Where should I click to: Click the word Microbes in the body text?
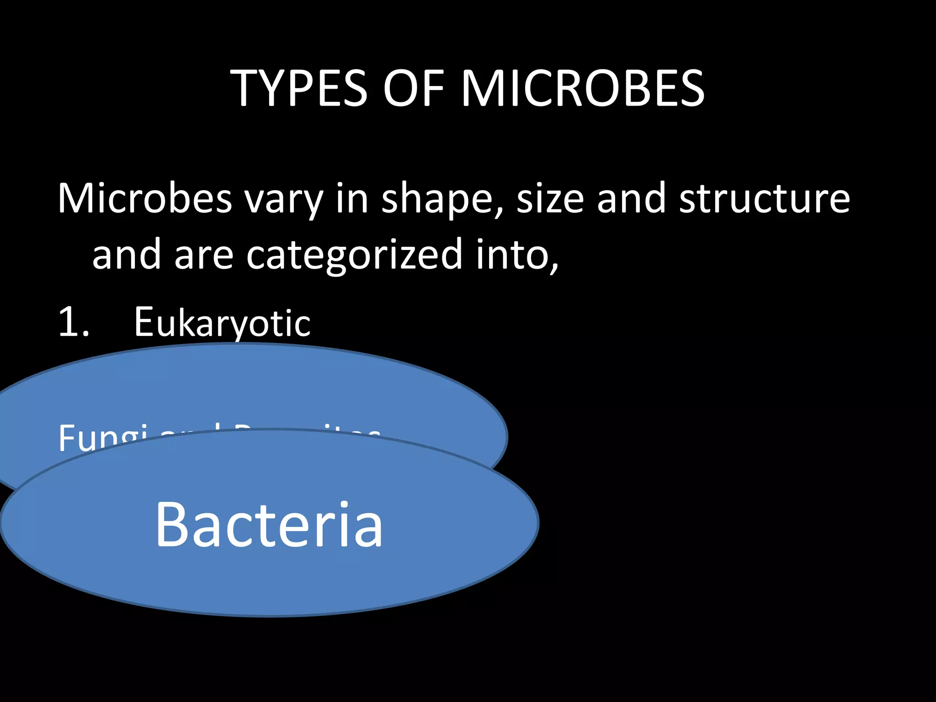click(x=145, y=198)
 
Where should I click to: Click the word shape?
click(x=437, y=201)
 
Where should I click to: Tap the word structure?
click(x=764, y=198)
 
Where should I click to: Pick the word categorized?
click(x=354, y=256)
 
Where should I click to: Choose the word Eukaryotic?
click(x=222, y=323)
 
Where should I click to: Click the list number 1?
click(x=73, y=323)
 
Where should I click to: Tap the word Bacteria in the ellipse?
click(x=269, y=524)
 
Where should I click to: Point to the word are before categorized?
click(x=204, y=256)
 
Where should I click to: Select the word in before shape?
click(x=352, y=198)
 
